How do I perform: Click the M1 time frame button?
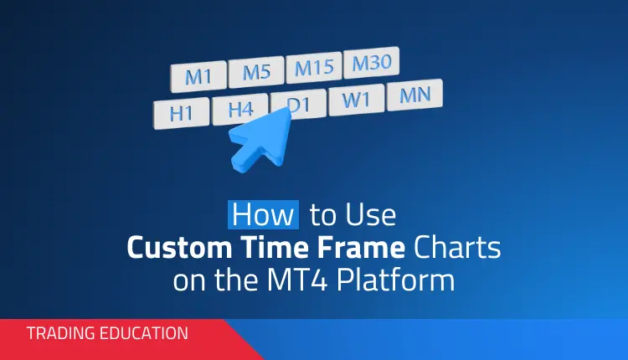pos(198,77)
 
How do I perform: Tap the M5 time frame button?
pos(256,73)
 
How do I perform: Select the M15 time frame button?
pos(313,68)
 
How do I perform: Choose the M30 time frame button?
pos(371,63)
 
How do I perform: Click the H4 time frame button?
pos(239,109)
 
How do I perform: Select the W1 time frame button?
pos(355,100)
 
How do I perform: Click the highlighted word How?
pos(262,216)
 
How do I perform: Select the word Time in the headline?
pos(283,248)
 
